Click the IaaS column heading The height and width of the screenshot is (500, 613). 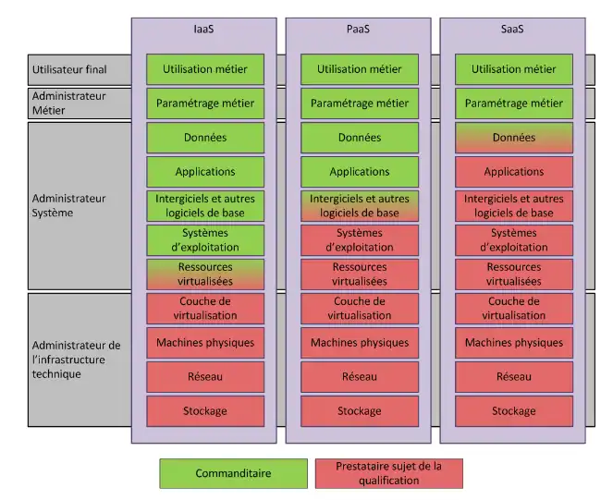(204, 29)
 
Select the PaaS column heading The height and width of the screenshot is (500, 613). (359, 29)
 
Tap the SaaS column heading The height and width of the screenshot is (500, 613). (513, 29)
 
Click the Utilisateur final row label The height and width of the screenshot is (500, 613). (70, 69)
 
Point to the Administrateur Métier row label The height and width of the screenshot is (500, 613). (69, 103)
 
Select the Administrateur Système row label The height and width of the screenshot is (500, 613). (69, 205)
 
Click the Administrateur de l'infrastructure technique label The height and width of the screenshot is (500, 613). (76, 360)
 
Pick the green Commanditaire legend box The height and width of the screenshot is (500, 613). (233, 473)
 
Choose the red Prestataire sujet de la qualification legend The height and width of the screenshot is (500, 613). (388, 473)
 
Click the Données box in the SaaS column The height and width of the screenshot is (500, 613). (513, 138)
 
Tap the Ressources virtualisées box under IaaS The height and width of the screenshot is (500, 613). (204, 274)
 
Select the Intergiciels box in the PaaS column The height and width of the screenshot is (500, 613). (359, 205)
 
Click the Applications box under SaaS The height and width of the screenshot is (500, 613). (513, 172)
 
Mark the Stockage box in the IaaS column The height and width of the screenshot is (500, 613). (204, 410)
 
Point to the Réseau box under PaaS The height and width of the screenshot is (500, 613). (359, 376)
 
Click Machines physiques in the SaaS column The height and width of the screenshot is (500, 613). (513, 343)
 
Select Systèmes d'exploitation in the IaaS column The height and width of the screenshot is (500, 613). (204, 240)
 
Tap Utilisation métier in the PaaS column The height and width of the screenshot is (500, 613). (359, 69)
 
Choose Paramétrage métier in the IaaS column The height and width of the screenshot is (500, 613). (204, 104)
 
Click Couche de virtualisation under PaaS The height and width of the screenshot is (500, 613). (359, 309)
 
